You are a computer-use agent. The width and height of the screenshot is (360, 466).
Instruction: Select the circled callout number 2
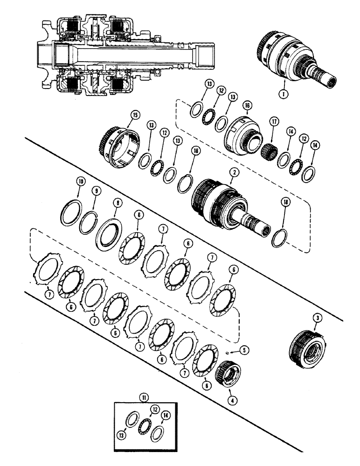(232, 173)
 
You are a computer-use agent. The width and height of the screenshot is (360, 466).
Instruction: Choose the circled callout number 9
(97, 191)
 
